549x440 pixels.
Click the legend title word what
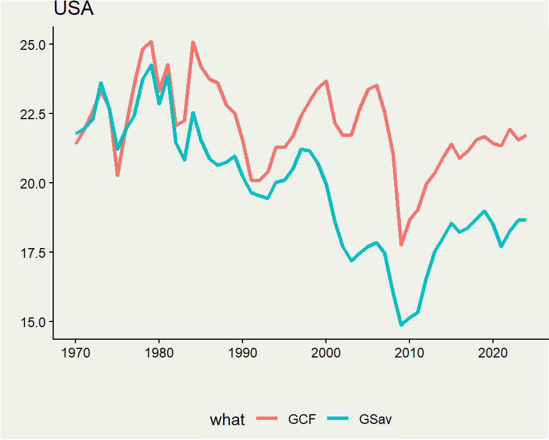click(227, 419)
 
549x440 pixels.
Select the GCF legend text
click(301, 419)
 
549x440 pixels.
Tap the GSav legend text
click(376, 419)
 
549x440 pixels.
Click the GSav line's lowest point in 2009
click(401, 325)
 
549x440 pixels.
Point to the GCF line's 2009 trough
click(401, 245)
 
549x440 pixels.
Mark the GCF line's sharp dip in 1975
click(117, 175)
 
